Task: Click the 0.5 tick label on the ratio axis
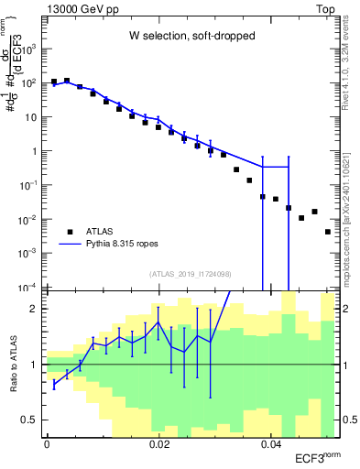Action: (29, 420)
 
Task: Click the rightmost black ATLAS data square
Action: (328, 232)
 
